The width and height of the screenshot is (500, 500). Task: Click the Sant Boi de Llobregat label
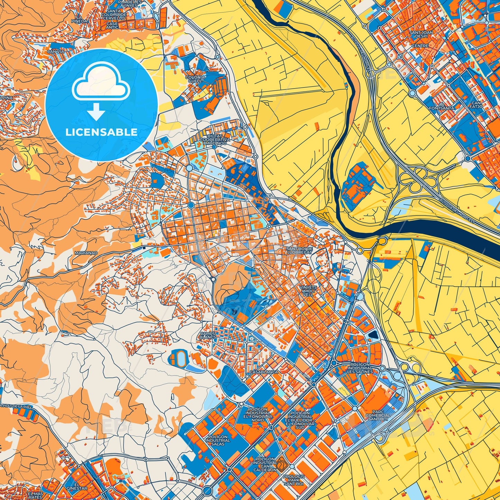(x=300, y=251)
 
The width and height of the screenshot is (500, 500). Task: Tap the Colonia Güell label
(x=195, y=79)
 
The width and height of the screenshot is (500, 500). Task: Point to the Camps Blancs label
(x=208, y=335)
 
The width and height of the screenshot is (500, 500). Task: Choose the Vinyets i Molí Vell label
(x=308, y=291)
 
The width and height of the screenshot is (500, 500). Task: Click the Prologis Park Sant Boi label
(x=293, y=480)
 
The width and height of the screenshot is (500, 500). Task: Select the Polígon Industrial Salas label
(x=218, y=440)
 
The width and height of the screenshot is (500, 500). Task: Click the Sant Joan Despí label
(x=421, y=35)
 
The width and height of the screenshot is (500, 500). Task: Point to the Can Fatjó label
(x=476, y=105)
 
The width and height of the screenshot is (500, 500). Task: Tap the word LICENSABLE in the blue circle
(x=101, y=132)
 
